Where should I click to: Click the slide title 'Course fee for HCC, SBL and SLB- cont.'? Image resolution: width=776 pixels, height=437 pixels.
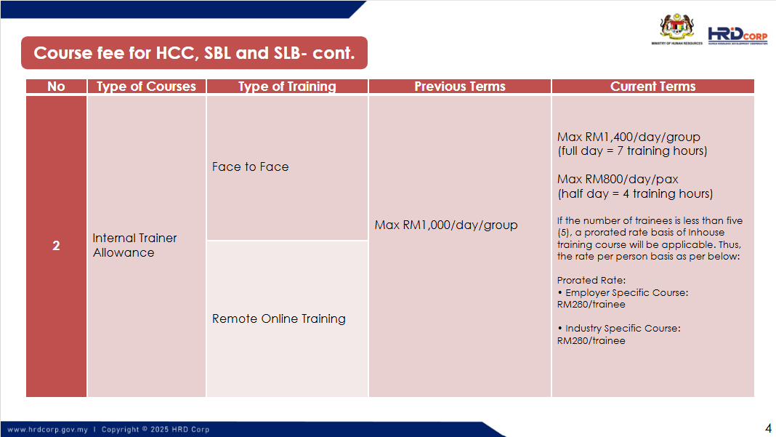point(194,53)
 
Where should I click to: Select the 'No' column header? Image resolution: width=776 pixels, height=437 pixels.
point(56,87)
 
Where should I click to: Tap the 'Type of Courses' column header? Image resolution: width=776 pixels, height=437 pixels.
point(146,87)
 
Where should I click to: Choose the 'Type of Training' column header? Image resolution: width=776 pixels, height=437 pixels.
point(287,87)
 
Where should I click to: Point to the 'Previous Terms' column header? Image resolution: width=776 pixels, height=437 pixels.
point(460,87)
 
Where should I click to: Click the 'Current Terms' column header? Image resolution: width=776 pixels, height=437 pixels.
point(652,87)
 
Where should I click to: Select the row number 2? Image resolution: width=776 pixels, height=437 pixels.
point(56,245)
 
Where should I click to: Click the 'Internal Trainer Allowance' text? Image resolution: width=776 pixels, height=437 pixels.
point(134,245)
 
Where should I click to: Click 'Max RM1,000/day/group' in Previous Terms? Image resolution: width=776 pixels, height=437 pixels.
point(446,225)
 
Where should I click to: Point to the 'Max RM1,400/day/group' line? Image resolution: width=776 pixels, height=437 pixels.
point(629,137)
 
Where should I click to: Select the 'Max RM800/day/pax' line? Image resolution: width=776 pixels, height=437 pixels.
point(618,179)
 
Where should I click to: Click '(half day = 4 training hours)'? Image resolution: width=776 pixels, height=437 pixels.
point(635,193)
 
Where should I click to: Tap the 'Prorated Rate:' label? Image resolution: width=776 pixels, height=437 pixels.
point(591,280)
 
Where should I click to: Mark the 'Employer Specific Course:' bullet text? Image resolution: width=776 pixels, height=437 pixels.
point(626,293)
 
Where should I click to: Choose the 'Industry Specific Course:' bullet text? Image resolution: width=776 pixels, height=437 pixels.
point(623,329)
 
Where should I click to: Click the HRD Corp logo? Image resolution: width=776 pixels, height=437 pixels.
point(737,36)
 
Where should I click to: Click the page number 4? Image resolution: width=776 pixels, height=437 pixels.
point(768,428)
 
